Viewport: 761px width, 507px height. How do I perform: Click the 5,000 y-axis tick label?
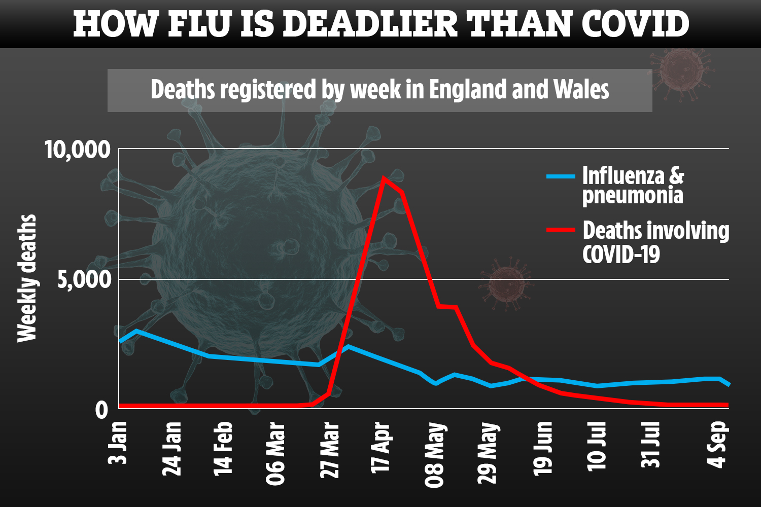84,279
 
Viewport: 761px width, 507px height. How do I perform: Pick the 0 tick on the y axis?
102,409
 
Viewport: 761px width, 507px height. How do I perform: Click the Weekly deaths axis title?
27,278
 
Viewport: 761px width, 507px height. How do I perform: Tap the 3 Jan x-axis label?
119,442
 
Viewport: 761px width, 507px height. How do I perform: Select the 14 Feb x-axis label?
223,448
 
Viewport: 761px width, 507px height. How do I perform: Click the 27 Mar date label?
330,450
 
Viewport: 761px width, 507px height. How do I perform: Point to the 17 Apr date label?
382,448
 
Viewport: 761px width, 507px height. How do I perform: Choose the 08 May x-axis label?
435,454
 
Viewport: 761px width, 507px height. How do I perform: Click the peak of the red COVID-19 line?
384,178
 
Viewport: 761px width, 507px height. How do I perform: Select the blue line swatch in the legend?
561,176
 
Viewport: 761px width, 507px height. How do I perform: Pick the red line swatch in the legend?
561,230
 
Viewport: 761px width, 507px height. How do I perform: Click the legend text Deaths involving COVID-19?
655,242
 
